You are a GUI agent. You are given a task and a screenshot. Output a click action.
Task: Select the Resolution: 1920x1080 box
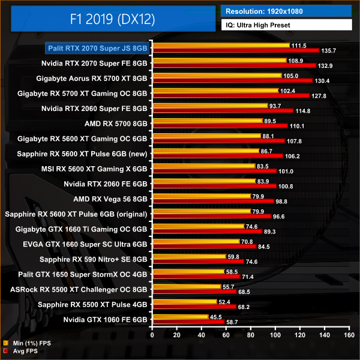coord(286,11)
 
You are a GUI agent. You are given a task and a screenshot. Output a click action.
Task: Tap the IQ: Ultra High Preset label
coord(286,25)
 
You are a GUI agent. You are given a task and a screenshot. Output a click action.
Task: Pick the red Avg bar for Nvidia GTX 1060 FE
coord(188,322)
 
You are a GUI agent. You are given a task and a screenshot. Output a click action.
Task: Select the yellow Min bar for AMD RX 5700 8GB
coord(207,121)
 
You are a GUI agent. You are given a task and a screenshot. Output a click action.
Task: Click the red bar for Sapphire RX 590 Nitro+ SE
coord(198,262)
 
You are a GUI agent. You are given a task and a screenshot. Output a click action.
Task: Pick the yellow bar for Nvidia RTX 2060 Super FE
coord(210,106)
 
